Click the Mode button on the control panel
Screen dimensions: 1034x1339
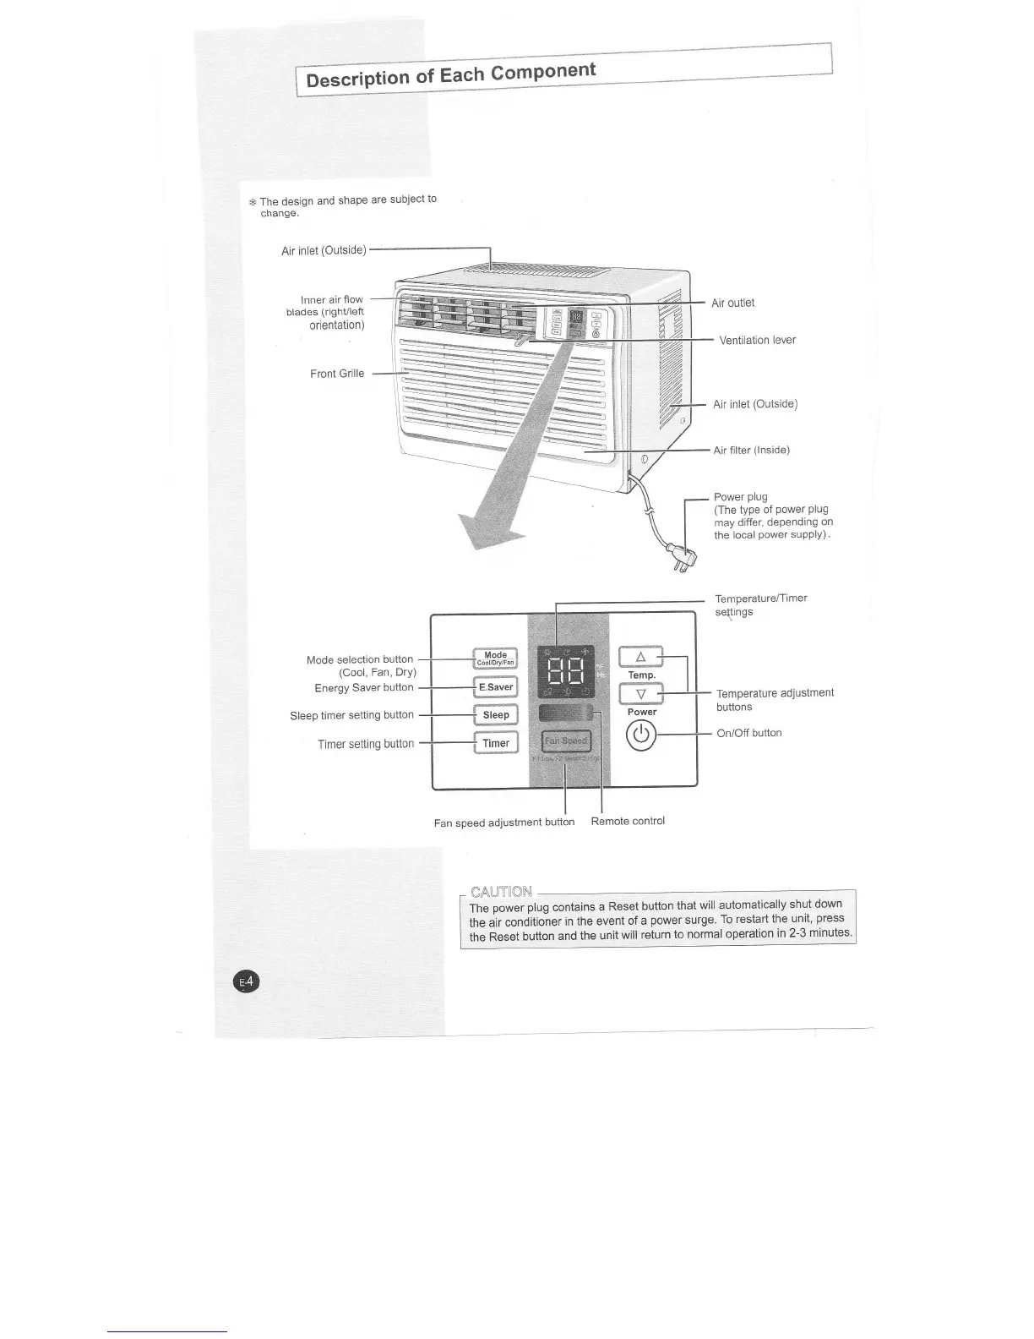click(x=495, y=659)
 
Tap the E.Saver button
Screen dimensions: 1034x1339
click(x=495, y=687)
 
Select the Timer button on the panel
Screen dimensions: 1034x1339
click(x=495, y=744)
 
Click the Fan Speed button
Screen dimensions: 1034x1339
click(x=566, y=741)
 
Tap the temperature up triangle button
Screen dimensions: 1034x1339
click(x=641, y=657)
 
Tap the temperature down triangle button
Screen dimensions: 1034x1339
click(x=641, y=694)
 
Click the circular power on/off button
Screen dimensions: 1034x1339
click(x=641, y=735)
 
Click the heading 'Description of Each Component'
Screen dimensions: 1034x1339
click(x=450, y=74)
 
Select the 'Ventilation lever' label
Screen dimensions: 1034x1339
click(x=757, y=341)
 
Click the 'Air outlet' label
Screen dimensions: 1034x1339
click(x=732, y=303)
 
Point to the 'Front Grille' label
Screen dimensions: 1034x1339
click(x=337, y=374)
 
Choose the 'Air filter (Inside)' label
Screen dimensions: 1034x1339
click(x=751, y=451)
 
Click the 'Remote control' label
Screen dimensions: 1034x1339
click(x=628, y=821)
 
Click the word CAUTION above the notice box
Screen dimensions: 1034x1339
click(x=501, y=892)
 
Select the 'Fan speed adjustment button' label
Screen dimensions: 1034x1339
click(x=503, y=823)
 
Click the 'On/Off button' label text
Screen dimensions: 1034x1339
click(x=748, y=733)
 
